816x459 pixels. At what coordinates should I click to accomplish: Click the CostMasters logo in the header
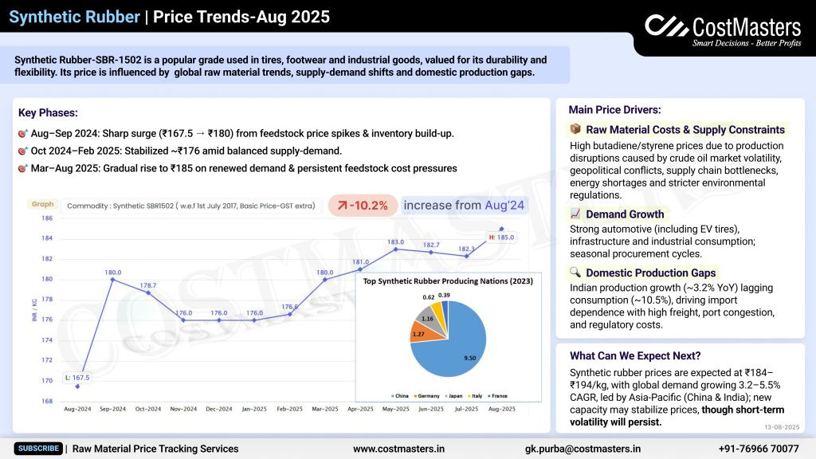722,30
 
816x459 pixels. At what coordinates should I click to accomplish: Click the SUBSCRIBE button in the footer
38,449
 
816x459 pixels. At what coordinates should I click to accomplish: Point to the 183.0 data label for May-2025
396,241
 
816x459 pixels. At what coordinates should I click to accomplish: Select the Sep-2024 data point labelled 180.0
112,280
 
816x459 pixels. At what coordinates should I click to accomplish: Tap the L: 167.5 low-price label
78,378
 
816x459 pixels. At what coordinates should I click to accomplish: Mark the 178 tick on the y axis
48,300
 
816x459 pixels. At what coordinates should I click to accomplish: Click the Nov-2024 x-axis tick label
183,409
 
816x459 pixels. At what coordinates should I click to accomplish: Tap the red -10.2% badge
363,206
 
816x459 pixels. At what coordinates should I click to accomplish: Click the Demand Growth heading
625,214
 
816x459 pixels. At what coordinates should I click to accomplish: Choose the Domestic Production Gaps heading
652,273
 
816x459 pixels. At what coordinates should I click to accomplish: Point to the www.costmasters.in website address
398,449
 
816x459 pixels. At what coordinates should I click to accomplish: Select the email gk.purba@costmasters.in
583,449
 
